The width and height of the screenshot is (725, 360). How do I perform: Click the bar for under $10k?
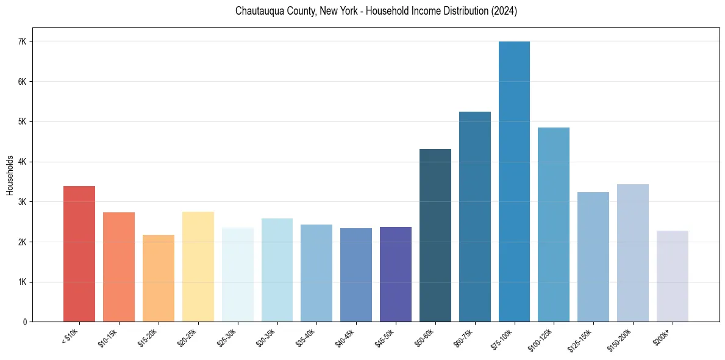click(x=79, y=254)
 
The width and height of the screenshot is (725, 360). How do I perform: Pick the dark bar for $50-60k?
click(x=435, y=235)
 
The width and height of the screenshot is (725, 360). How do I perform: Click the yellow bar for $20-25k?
click(x=198, y=267)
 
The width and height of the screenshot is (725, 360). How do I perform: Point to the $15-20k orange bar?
click(x=159, y=278)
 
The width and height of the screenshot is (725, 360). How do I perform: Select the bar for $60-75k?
click(x=474, y=217)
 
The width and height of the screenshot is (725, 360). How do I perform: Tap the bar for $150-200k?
click(x=632, y=253)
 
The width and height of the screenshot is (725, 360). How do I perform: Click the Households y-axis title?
click(x=10, y=175)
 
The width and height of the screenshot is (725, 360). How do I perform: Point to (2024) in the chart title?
click(x=503, y=11)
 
